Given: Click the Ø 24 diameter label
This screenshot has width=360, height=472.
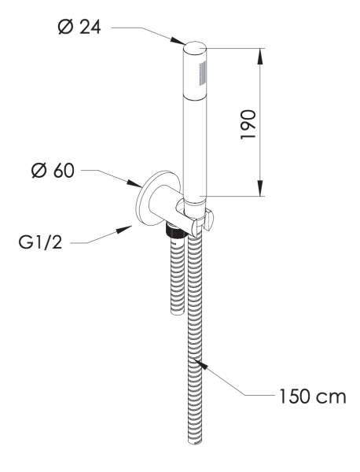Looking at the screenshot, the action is coord(79,28).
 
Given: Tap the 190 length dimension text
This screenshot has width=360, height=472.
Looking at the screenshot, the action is coord(248,124).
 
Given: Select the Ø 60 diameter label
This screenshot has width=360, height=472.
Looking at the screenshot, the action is coord(53,171).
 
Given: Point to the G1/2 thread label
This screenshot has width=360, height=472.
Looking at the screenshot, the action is coord(40,242).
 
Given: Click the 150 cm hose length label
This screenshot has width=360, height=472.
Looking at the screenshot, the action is coord(313,396).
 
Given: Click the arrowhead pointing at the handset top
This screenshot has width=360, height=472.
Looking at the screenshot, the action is coord(178,41).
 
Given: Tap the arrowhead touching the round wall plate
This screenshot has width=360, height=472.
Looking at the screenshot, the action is coord(134,183).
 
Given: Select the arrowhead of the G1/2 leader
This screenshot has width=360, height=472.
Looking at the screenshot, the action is coord(124,230).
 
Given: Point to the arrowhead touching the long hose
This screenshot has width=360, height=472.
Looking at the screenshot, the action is coord(200,363).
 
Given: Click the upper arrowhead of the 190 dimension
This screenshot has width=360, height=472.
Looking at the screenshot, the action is coord(260,56).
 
